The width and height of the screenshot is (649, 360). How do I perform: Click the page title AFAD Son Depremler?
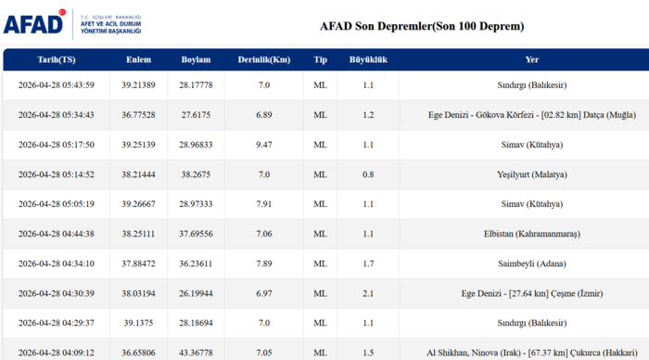(x=421, y=26)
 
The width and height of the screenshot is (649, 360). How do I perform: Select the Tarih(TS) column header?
(x=57, y=59)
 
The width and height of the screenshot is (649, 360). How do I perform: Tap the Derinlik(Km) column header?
(x=264, y=59)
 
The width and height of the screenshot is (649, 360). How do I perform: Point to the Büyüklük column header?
(x=367, y=59)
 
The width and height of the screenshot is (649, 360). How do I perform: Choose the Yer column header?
(x=531, y=59)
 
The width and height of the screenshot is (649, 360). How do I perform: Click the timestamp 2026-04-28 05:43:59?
(x=57, y=85)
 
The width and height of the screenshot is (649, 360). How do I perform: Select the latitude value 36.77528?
(x=139, y=115)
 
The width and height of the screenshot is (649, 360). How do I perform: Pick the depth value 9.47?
(x=264, y=145)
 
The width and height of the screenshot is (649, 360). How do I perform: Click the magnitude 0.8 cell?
(x=368, y=174)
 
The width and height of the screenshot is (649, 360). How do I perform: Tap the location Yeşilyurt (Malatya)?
(x=531, y=174)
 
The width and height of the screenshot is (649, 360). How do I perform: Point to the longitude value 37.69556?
(x=197, y=234)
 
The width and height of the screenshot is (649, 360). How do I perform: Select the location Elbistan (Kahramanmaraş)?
(x=531, y=234)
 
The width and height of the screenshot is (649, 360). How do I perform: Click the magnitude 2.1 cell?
(x=368, y=293)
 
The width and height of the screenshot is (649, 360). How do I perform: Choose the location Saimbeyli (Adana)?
(x=531, y=264)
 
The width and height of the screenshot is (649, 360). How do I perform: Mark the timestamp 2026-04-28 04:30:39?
(x=57, y=293)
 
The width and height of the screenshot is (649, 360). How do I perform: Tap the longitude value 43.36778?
(x=197, y=353)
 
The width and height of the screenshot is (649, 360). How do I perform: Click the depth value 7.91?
(x=264, y=204)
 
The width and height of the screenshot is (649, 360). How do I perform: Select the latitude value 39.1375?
(x=139, y=323)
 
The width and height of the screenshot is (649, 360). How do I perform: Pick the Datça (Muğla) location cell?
(x=531, y=115)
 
